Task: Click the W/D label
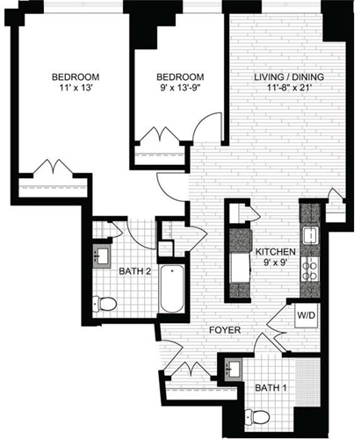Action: pos(307,316)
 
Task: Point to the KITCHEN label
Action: pos(276,250)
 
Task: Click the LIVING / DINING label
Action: pos(289,77)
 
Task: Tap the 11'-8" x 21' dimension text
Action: pos(289,89)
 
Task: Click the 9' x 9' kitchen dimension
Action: pos(276,262)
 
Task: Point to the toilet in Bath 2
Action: pos(107,305)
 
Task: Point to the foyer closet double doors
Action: pos(195,371)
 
